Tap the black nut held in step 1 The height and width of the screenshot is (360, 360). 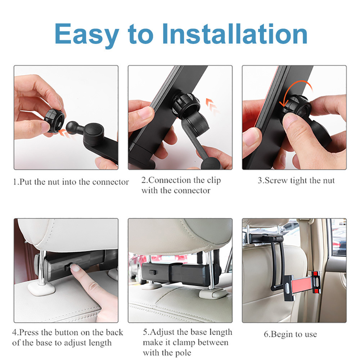[x=54, y=121]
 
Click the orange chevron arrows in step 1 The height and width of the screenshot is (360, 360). [x=65, y=133]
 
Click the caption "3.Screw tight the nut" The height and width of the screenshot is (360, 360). [x=296, y=181]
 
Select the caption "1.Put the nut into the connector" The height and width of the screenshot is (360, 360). [x=71, y=182]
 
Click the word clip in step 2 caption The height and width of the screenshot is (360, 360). [x=214, y=181]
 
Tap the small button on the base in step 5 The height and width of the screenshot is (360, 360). [x=152, y=272]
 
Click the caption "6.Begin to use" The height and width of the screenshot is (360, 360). [x=291, y=334]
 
